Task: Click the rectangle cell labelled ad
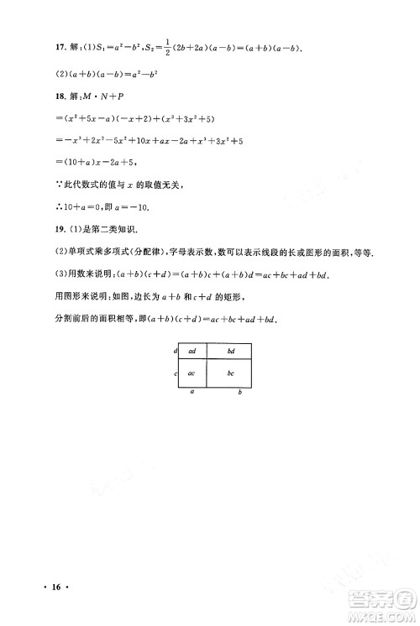[192, 351]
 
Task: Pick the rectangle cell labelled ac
[192, 373]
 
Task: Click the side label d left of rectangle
[175, 351]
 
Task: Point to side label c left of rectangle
[175, 373]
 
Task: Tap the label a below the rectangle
[192, 391]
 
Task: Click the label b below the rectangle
[240, 392]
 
